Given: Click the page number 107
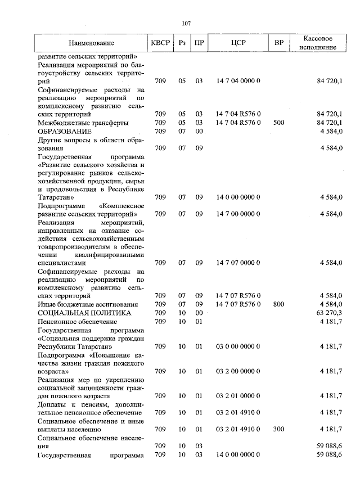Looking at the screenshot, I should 187,23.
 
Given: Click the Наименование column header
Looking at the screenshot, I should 92,43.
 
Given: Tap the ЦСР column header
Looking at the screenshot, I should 238,43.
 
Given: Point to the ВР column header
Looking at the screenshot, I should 278,43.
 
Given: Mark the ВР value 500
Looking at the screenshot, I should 278,123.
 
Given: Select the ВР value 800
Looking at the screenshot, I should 278,304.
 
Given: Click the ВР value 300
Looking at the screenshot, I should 278,429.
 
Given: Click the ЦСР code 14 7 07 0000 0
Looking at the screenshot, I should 238,263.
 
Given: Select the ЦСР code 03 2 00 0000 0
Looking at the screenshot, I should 238,371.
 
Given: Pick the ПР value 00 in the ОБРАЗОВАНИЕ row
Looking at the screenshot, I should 199,131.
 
